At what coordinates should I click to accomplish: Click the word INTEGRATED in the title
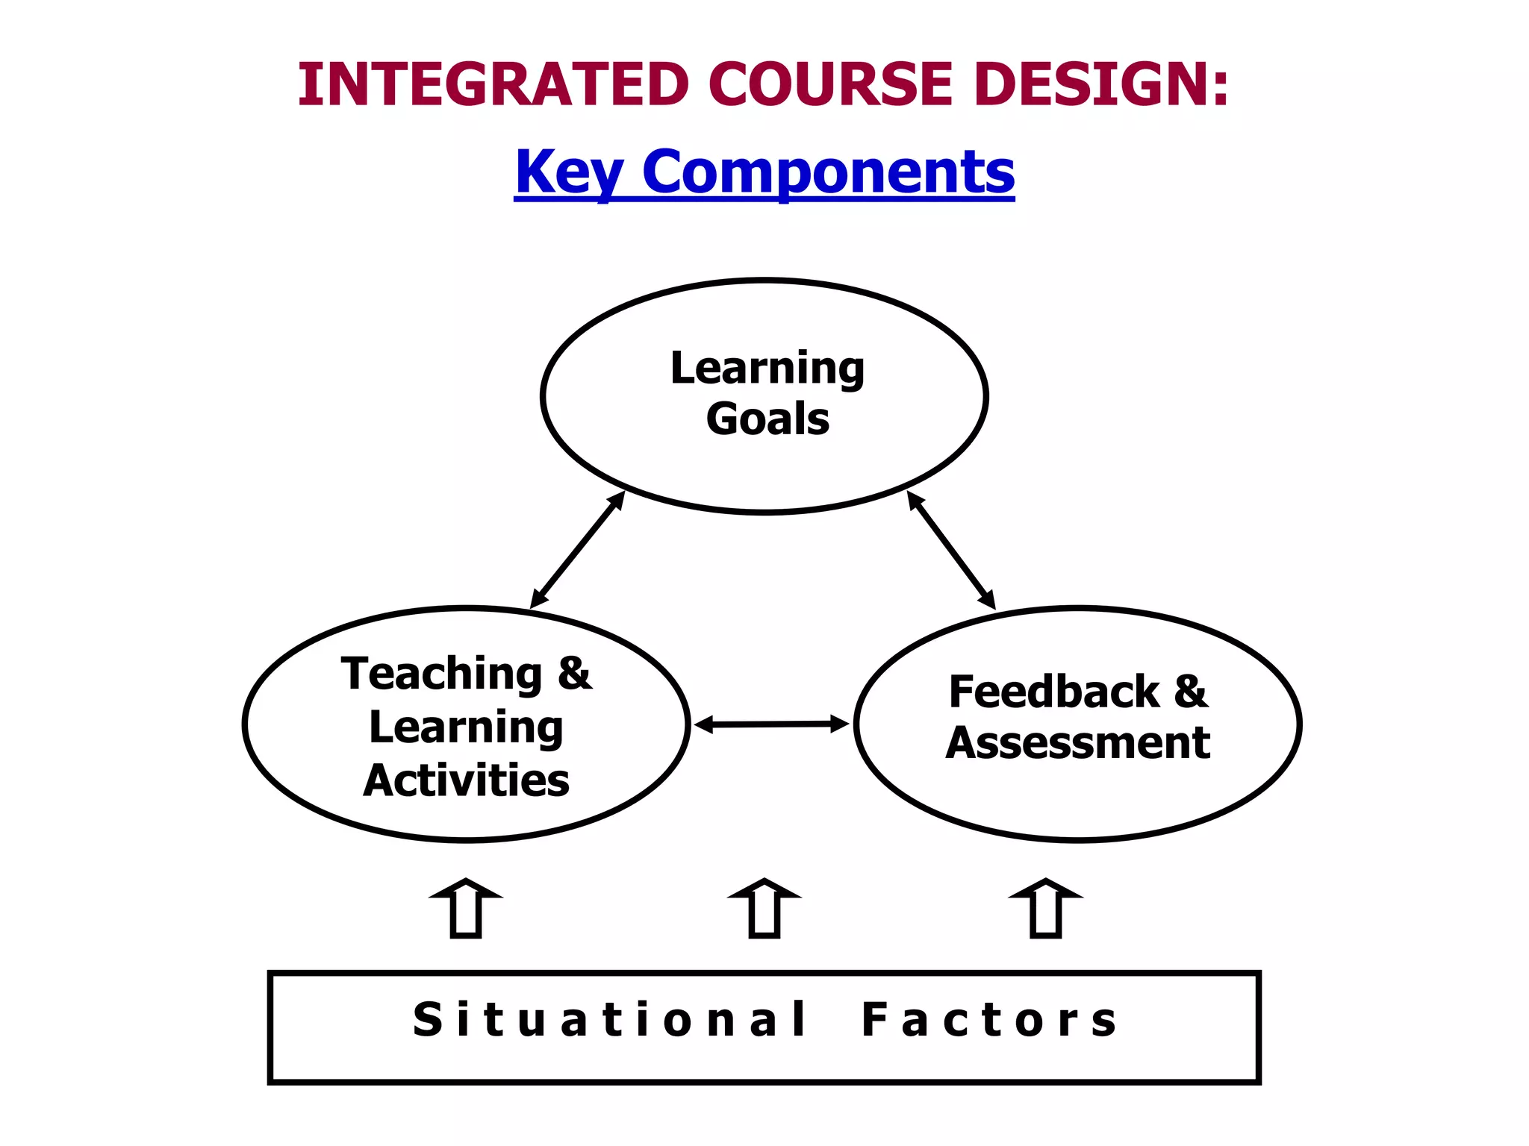click(x=493, y=84)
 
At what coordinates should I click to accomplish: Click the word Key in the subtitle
click(x=569, y=172)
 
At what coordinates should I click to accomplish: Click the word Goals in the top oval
click(x=767, y=419)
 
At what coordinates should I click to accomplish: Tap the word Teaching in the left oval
click(x=442, y=674)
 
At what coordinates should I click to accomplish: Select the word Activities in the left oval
click(x=467, y=780)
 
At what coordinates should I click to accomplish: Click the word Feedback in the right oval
click(x=1054, y=692)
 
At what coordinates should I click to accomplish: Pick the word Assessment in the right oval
click(x=1078, y=743)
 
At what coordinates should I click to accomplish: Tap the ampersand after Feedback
click(x=1191, y=691)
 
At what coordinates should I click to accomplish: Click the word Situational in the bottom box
click(x=610, y=1020)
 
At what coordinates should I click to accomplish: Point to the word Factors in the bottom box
click(x=989, y=1020)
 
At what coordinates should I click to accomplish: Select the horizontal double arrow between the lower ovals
click(x=771, y=724)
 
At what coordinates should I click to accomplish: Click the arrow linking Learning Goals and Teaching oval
click(x=577, y=550)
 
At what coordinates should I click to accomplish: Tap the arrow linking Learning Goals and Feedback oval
click(x=951, y=550)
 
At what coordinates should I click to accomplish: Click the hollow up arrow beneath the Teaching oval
click(x=466, y=909)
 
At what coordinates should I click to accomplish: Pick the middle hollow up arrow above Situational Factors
click(x=764, y=909)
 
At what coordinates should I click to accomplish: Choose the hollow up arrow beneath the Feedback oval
click(x=1045, y=909)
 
